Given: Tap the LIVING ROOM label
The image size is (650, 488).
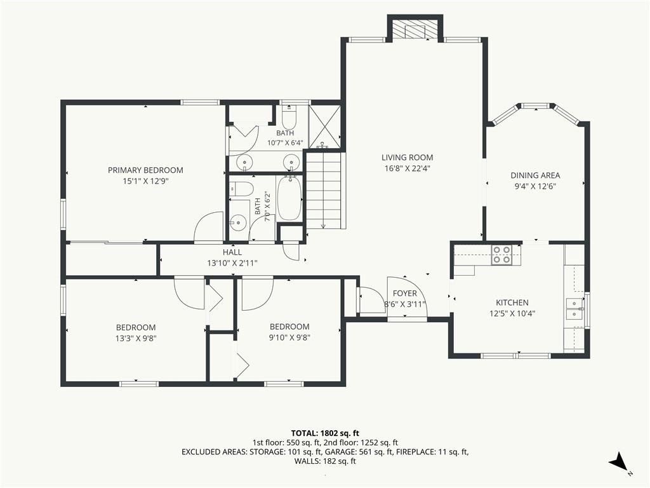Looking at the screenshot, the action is point(407,158).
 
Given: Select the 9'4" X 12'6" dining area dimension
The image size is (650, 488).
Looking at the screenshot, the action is point(535,187).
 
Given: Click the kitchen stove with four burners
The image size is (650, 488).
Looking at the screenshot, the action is point(501,255).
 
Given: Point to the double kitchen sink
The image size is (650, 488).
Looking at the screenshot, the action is point(574,308).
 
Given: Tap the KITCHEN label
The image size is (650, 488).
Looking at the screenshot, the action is point(512,303).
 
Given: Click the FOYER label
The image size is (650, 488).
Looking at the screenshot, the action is point(404,294).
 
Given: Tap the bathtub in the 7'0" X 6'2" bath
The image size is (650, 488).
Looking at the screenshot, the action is point(289,199).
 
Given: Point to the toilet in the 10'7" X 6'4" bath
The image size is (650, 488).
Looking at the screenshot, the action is point(289,117).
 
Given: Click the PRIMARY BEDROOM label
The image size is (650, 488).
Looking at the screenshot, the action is point(145,170).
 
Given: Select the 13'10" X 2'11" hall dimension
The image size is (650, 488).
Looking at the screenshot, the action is point(232,263).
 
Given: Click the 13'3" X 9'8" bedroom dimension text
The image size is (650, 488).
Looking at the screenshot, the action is point(136,339).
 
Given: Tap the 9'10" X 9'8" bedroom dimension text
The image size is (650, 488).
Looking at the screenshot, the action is point(289,338).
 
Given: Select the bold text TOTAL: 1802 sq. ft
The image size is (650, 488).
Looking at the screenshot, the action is point(325,434).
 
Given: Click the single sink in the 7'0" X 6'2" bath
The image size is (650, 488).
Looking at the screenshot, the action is point(238,223).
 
